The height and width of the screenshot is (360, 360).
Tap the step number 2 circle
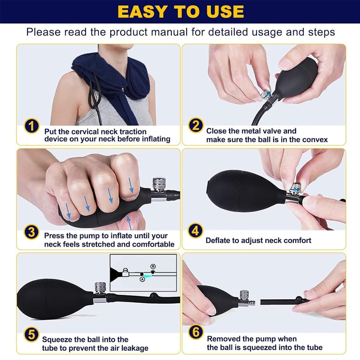tap(195, 126)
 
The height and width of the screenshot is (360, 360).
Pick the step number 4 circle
tap(195, 231)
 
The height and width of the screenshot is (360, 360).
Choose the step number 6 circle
tap(195, 336)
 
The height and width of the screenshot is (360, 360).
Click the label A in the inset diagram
tap(143, 279)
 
